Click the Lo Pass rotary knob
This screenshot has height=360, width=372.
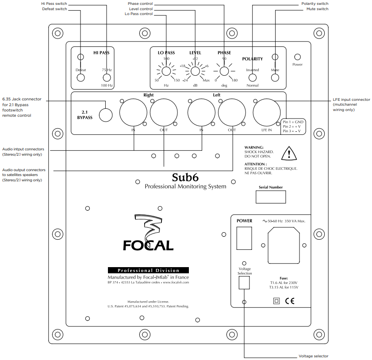click(x=166, y=71)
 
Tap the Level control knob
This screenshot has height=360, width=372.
click(x=195, y=71)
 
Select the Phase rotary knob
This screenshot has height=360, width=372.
click(x=224, y=71)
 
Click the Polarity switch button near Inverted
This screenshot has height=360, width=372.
click(x=253, y=78)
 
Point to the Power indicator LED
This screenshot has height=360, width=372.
click(x=297, y=57)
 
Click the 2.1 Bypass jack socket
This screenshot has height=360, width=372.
click(x=105, y=115)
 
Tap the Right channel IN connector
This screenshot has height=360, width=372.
click(x=134, y=112)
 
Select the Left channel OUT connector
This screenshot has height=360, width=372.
click(x=232, y=112)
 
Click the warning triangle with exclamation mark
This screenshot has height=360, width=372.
click(x=288, y=153)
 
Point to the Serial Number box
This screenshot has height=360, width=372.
click(x=271, y=197)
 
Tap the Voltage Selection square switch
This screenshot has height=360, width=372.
click(x=244, y=283)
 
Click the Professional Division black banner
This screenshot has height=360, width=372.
click(x=148, y=270)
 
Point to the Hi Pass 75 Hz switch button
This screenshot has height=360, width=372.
click(x=106, y=78)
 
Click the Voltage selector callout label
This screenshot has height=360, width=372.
click(x=313, y=356)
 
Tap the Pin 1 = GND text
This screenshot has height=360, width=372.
click(x=293, y=122)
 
